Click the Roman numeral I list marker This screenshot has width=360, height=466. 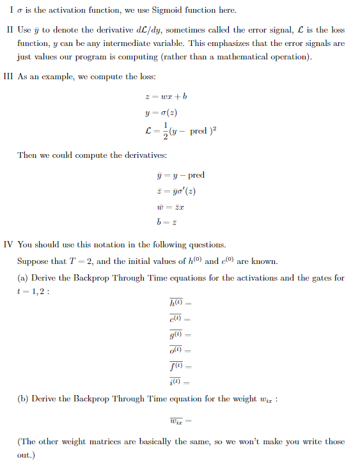point(8,10)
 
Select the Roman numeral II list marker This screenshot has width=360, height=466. point(10,30)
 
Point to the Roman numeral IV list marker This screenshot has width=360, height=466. point(8,244)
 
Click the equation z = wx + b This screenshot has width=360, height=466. point(167,97)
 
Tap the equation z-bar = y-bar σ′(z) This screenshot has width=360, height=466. point(177,191)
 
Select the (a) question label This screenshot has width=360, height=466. point(23,278)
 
